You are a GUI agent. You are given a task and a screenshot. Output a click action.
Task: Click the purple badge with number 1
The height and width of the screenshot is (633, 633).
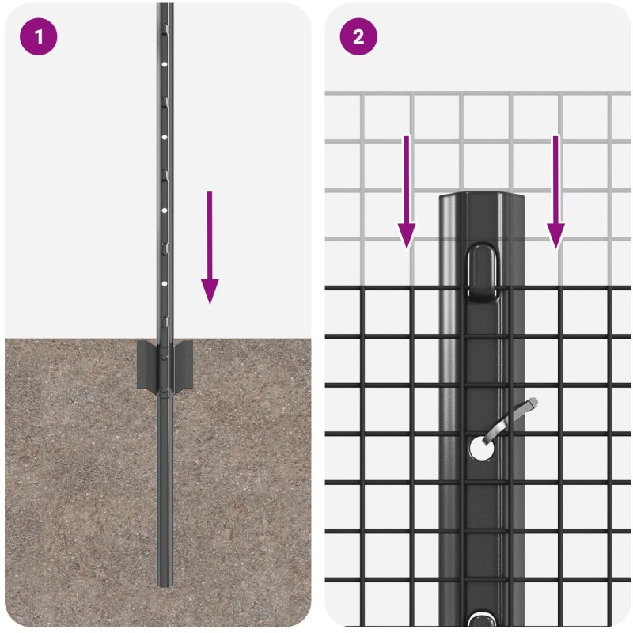38,36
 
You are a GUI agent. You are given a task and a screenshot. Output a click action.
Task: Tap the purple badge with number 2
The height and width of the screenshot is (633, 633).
358,36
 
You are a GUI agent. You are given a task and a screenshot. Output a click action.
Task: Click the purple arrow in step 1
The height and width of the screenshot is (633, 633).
210,248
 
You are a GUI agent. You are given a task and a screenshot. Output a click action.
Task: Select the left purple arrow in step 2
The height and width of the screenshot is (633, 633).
407,192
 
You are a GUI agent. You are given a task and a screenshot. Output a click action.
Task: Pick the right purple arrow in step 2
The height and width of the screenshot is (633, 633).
555,192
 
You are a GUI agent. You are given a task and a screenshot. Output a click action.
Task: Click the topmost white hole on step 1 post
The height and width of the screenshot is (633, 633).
165,64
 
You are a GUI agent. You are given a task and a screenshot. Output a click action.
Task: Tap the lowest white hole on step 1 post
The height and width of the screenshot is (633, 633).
165,284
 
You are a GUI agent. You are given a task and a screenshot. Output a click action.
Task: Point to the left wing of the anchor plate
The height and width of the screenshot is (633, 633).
147,365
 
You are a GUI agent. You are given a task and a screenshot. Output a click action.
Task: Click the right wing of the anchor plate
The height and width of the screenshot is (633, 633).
183,365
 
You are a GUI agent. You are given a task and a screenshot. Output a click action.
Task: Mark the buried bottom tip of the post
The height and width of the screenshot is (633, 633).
165,586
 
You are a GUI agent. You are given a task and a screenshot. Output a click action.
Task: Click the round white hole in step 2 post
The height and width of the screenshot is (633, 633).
482,448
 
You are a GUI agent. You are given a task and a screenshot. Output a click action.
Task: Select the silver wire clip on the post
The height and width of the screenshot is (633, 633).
510,419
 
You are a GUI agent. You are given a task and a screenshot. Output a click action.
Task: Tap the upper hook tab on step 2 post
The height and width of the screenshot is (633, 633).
483,272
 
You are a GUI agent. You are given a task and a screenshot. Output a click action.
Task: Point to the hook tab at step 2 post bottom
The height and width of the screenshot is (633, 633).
483,620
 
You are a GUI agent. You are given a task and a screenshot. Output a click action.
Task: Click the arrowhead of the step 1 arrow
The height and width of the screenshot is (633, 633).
210,291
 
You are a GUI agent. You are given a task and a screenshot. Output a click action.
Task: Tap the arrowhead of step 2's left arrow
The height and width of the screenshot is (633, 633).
407,236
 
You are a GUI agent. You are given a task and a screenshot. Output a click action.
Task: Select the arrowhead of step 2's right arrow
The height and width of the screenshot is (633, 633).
555,236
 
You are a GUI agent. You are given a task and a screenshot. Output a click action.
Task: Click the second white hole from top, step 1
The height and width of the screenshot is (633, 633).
165,137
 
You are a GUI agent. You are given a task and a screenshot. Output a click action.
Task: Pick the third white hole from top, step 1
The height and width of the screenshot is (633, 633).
165,210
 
